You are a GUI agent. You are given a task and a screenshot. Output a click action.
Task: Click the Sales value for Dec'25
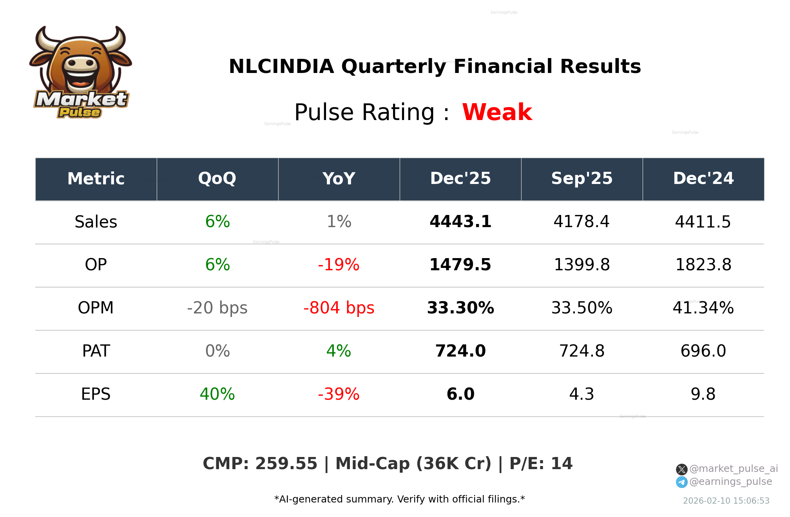click(460, 222)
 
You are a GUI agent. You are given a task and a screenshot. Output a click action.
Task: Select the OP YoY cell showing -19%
click(339, 265)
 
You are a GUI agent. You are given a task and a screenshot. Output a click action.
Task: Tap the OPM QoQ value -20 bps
click(217, 308)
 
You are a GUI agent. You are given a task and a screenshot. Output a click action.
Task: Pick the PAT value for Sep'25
click(582, 351)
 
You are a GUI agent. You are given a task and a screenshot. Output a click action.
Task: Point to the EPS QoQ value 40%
click(217, 394)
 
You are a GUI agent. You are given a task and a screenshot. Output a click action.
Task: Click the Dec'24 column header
click(703, 178)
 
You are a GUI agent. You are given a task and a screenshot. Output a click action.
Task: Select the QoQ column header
click(217, 178)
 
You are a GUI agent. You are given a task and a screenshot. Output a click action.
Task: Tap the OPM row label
click(96, 308)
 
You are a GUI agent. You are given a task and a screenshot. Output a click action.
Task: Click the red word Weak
click(497, 113)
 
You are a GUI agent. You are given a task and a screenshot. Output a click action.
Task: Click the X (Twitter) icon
click(681, 469)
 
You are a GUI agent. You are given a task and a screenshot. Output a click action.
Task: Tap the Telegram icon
click(681, 482)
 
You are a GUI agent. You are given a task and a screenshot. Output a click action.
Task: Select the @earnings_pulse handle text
click(730, 482)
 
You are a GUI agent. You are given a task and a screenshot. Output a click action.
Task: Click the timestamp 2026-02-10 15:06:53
click(726, 501)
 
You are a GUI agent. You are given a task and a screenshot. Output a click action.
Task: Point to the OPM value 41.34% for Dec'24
click(703, 308)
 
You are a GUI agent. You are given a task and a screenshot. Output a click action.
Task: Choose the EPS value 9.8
click(703, 394)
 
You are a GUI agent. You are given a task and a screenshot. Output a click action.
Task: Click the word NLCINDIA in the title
click(281, 66)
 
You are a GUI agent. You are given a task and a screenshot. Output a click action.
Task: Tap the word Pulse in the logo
click(80, 113)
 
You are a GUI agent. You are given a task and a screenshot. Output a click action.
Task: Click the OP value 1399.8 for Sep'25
click(582, 265)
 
